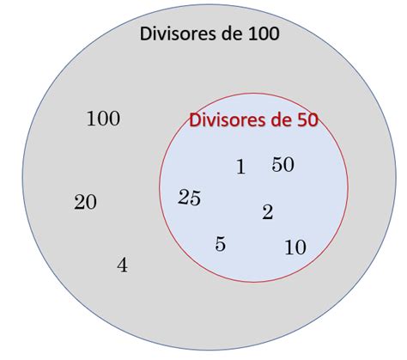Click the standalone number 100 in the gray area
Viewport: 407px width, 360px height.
pyautogui.click(x=103, y=119)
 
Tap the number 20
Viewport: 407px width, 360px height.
pyautogui.click(x=85, y=202)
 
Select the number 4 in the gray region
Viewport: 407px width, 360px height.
pyautogui.click(x=122, y=265)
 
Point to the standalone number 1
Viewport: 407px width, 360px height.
pyautogui.click(x=240, y=167)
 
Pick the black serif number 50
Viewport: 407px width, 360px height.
pyautogui.click(x=282, y=164)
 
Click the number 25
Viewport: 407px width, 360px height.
pyautogui.click(x=189, y=198)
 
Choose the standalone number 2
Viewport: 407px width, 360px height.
pyautogui.click(x=268, y=212)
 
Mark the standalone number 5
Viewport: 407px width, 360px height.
pyautogui.click(x=220, y=244)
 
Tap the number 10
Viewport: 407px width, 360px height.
pyautogui.click(x=295, y=247)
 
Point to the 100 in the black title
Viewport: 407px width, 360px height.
pyautogui.click(x=264, y=34)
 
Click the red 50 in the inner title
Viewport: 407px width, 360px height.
pyautogui.click(x=308, y=119)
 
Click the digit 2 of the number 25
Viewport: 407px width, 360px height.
pyautogui.click(x=184, y=197)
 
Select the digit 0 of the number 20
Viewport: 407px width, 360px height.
pyautogui.click(x=91, y=203)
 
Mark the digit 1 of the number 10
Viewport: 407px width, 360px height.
pyautogui.click(x=289, y=247)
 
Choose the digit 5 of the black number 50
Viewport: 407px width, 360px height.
pyautogui.click(x=277, y=164)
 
